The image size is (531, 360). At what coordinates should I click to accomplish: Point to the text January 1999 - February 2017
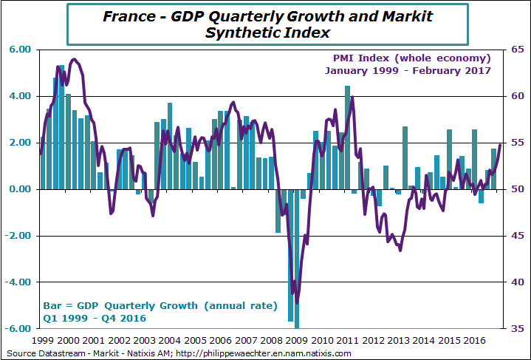[408, 71]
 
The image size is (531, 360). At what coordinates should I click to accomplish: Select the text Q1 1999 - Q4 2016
[92, 318]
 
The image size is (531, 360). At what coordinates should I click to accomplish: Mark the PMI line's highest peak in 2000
[75, 59]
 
